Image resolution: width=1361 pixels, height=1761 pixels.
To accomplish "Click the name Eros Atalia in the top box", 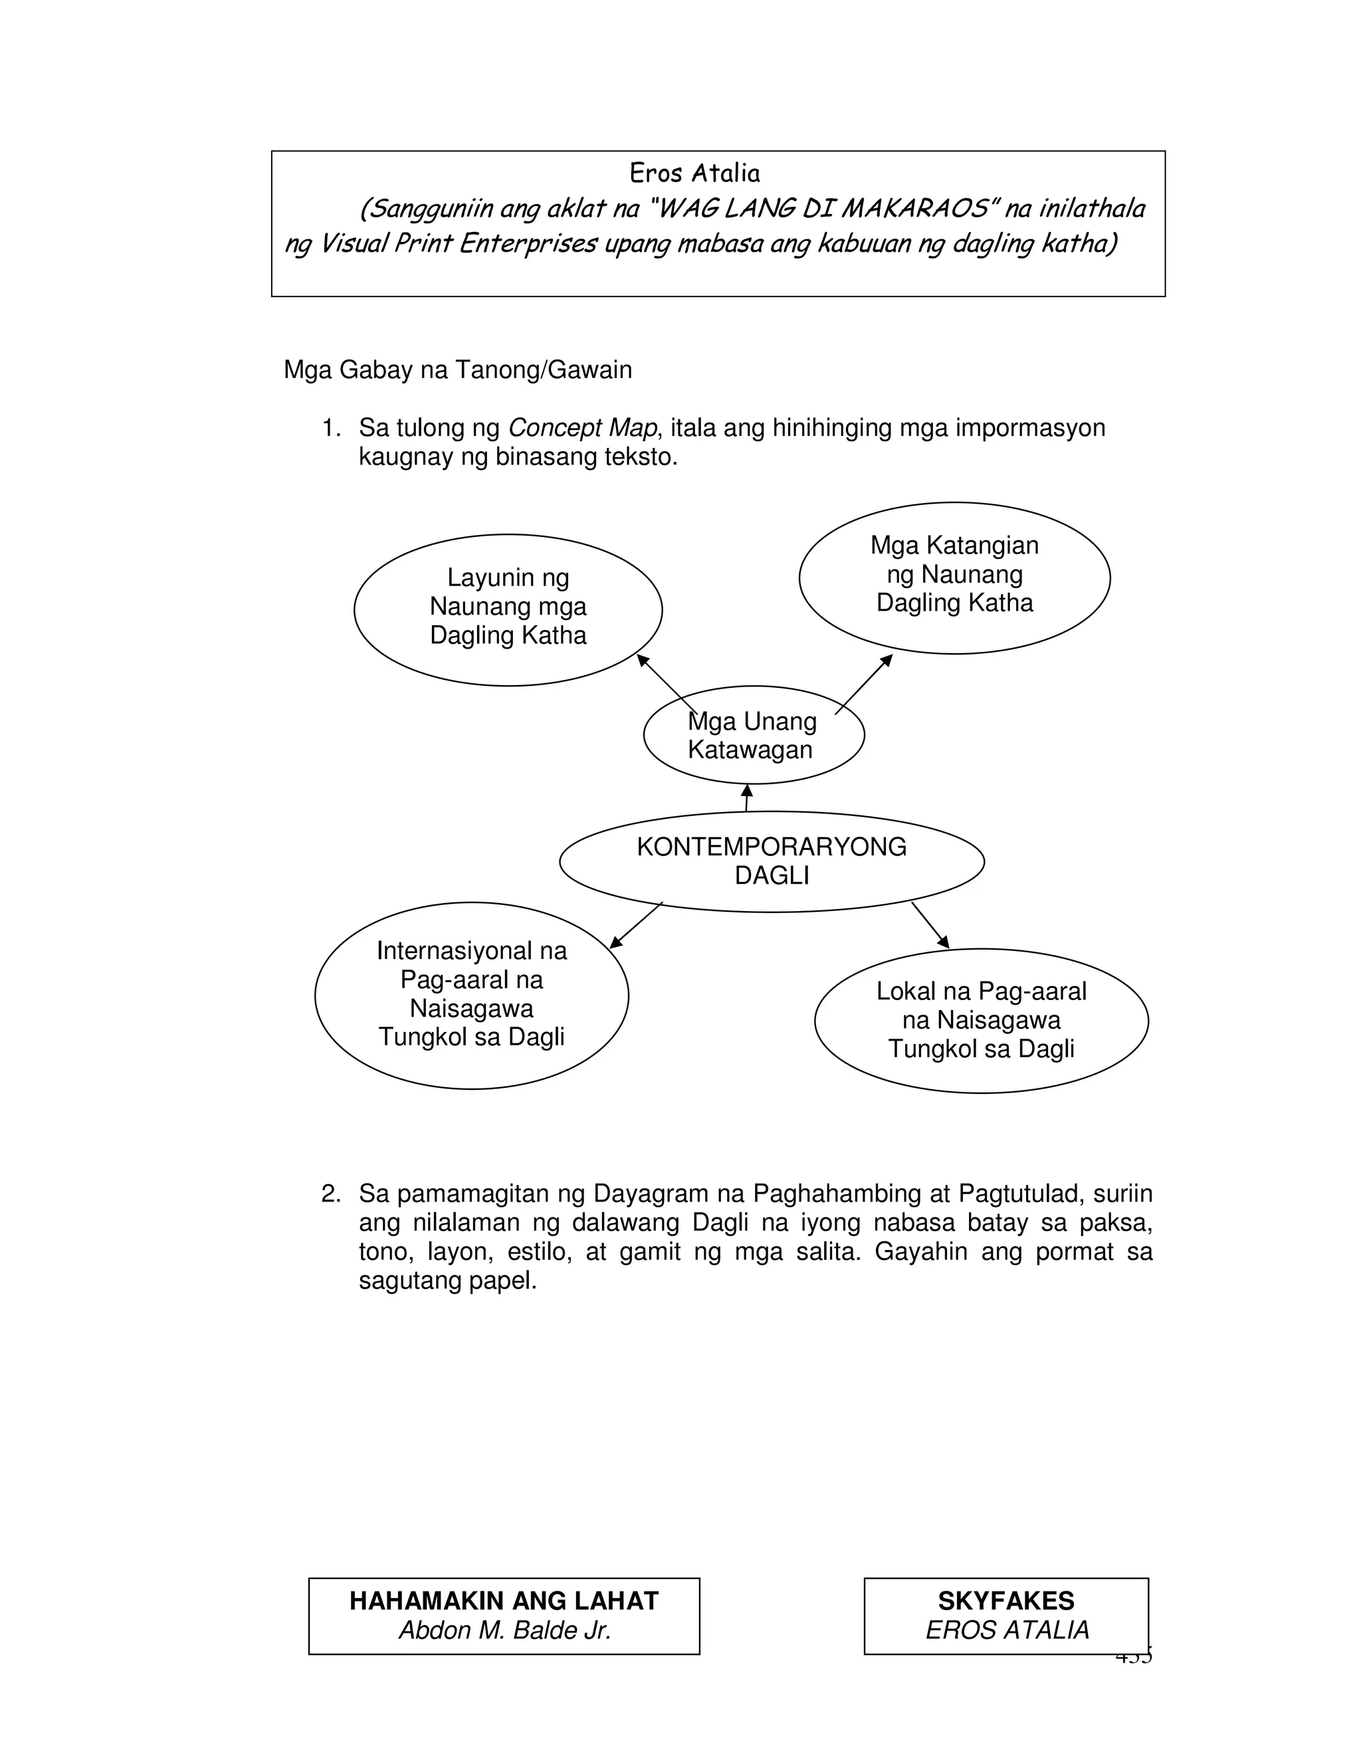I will pyautogui.click(x=694, y=173).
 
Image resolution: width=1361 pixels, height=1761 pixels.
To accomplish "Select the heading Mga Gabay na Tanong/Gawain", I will pyautogui.click(x=457, y=370).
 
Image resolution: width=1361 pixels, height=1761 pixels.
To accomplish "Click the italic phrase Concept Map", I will pyautogui.click(x=582, y=427).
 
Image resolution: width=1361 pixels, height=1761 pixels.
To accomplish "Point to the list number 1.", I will pyautogui.click(x=330, y=428).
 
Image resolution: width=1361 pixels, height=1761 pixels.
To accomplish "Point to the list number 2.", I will pyautogui.click(x=330, y=1193).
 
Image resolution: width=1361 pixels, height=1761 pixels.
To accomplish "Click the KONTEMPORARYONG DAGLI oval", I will pyautogui.click(x=772, y=861).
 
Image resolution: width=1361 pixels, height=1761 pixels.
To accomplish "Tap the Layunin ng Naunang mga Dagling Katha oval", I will pyautogui.click(x=508, y=609).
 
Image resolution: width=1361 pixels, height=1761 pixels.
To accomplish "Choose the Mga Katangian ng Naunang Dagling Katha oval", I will pyautogui.click(x=955, y=577).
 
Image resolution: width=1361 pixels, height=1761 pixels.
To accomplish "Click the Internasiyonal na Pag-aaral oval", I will pyautogui.click(x=472, y=995).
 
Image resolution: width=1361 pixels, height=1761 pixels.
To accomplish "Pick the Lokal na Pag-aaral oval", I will pyautogui.click(x=982, y=1020).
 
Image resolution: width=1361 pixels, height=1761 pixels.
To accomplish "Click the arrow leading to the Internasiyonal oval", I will pyautogui.click(x=636, y=925).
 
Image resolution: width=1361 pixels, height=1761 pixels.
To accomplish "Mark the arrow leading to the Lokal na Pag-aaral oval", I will pyautogui.click(x=930, y=925).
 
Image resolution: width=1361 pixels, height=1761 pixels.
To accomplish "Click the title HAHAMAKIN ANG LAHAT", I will pyautogui.click(x=504, y=1601).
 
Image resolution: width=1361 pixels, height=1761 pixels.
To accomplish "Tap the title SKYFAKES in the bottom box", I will pyautogui.click(x=1005, y=1601).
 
